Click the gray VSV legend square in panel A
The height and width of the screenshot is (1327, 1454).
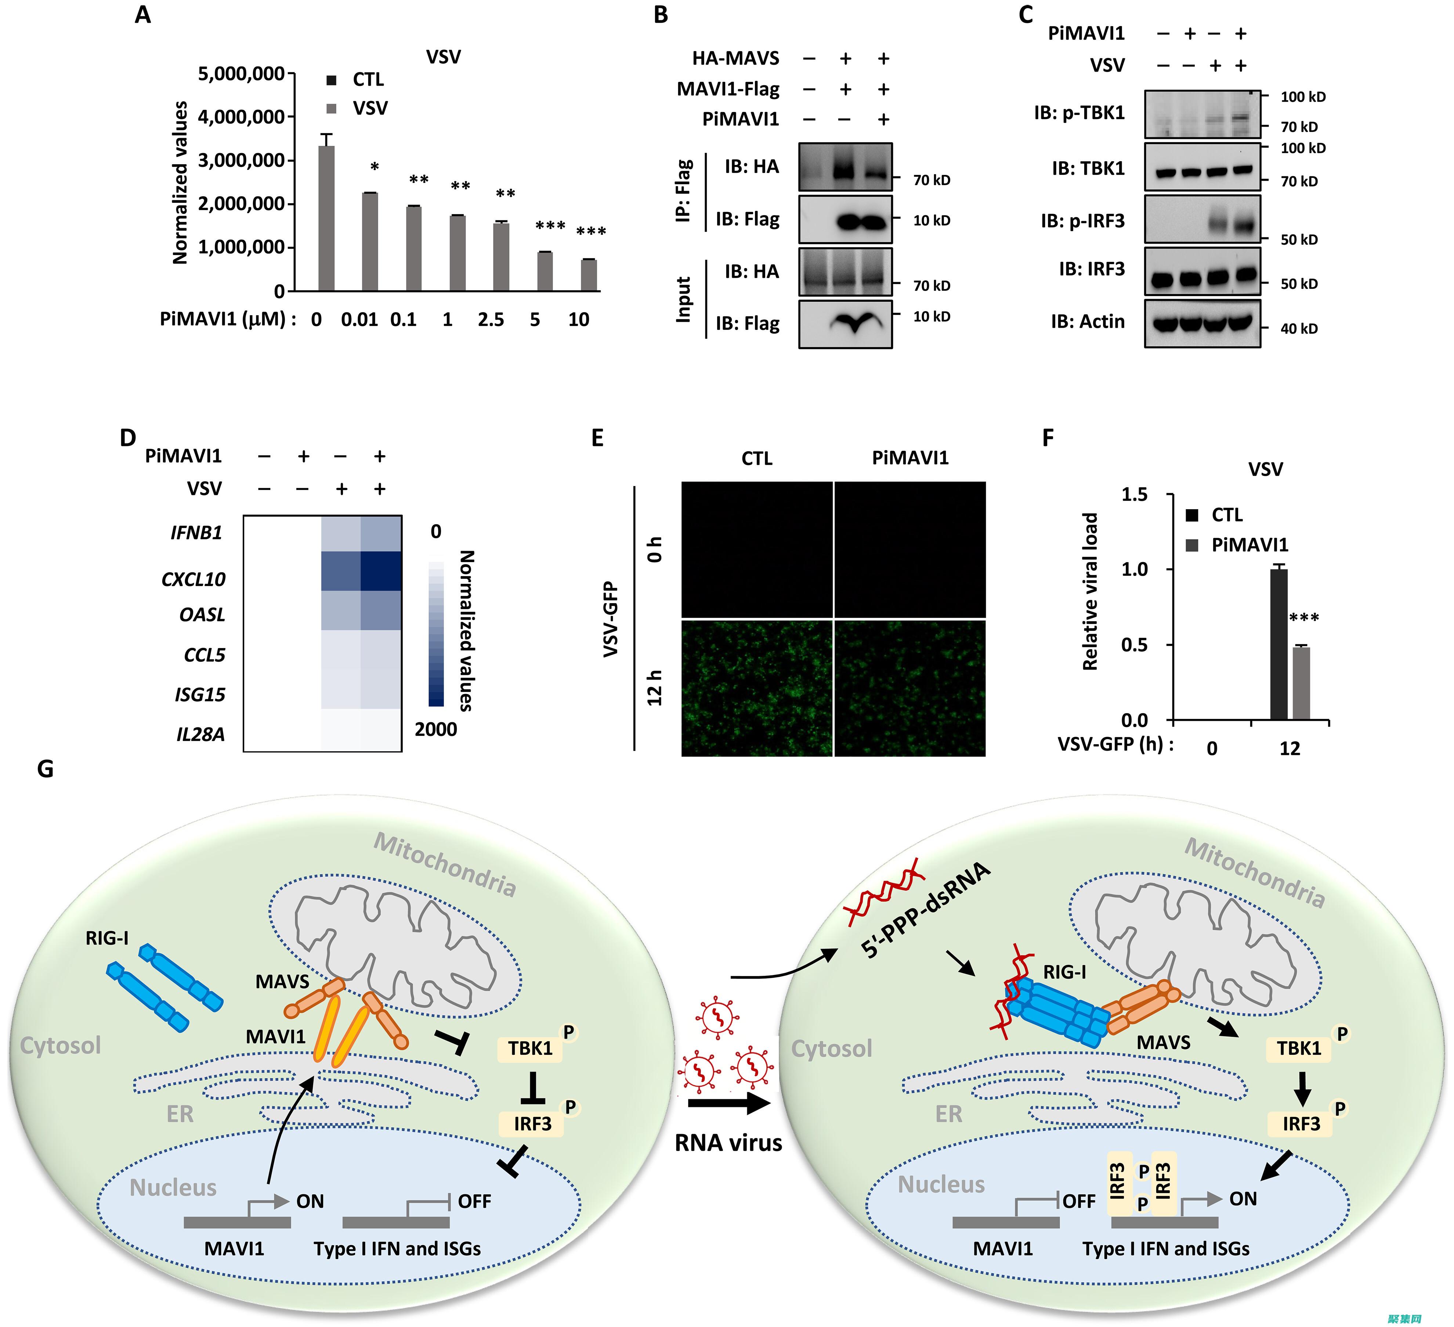(332, 108)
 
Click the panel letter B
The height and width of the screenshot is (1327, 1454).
(661, 14)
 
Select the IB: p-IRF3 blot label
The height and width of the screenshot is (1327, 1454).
(1082, 221)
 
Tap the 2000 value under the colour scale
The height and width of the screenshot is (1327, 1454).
(435, 730)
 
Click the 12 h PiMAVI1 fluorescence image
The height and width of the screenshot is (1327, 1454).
(909, 688)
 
